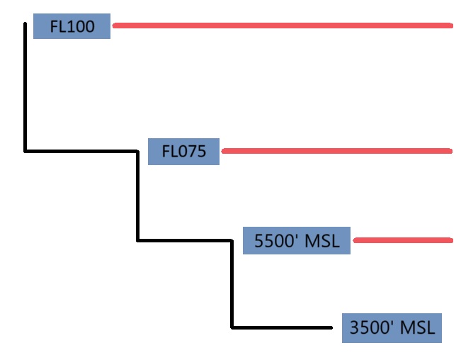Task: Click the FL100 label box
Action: click(72, 27)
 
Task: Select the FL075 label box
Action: click(183, 152)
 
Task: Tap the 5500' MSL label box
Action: click(296, 241)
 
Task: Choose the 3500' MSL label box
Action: click(392, 328)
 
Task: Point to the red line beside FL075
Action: click(336, 151)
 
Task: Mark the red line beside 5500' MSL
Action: click(402, 241)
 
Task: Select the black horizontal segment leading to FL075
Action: click(81, 151)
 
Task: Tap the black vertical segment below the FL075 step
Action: click(137, 196)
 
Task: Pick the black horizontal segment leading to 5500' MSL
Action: click(185, 241)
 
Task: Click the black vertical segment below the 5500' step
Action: click(232, 284)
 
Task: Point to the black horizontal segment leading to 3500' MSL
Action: click(282, 327)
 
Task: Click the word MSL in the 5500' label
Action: click(322, 241)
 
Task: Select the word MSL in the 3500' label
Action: click(418, 328)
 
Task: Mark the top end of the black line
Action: click(25, 24)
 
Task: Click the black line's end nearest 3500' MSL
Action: click(331, 327)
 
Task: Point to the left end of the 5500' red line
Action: click(355, 241)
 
